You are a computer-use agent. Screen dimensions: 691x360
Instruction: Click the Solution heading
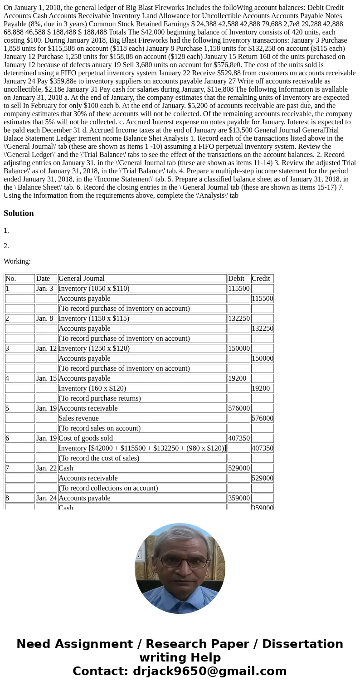19,213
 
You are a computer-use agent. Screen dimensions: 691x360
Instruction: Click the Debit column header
236,279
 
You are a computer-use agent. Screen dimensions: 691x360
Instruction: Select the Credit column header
261,279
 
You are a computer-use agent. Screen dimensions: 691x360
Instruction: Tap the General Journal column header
82,279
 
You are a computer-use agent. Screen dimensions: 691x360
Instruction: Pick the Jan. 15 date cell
46,378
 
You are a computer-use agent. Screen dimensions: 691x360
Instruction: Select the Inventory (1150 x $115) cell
94,319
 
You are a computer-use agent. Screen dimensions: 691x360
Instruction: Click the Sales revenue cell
78,418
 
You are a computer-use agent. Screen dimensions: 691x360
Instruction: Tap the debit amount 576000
239,408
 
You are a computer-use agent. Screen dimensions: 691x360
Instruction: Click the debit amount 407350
239,438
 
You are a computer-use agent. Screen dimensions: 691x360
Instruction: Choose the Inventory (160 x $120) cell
92,388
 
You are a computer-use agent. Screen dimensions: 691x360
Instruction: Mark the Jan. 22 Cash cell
66,468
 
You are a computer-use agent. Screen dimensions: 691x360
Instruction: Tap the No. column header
10,279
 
